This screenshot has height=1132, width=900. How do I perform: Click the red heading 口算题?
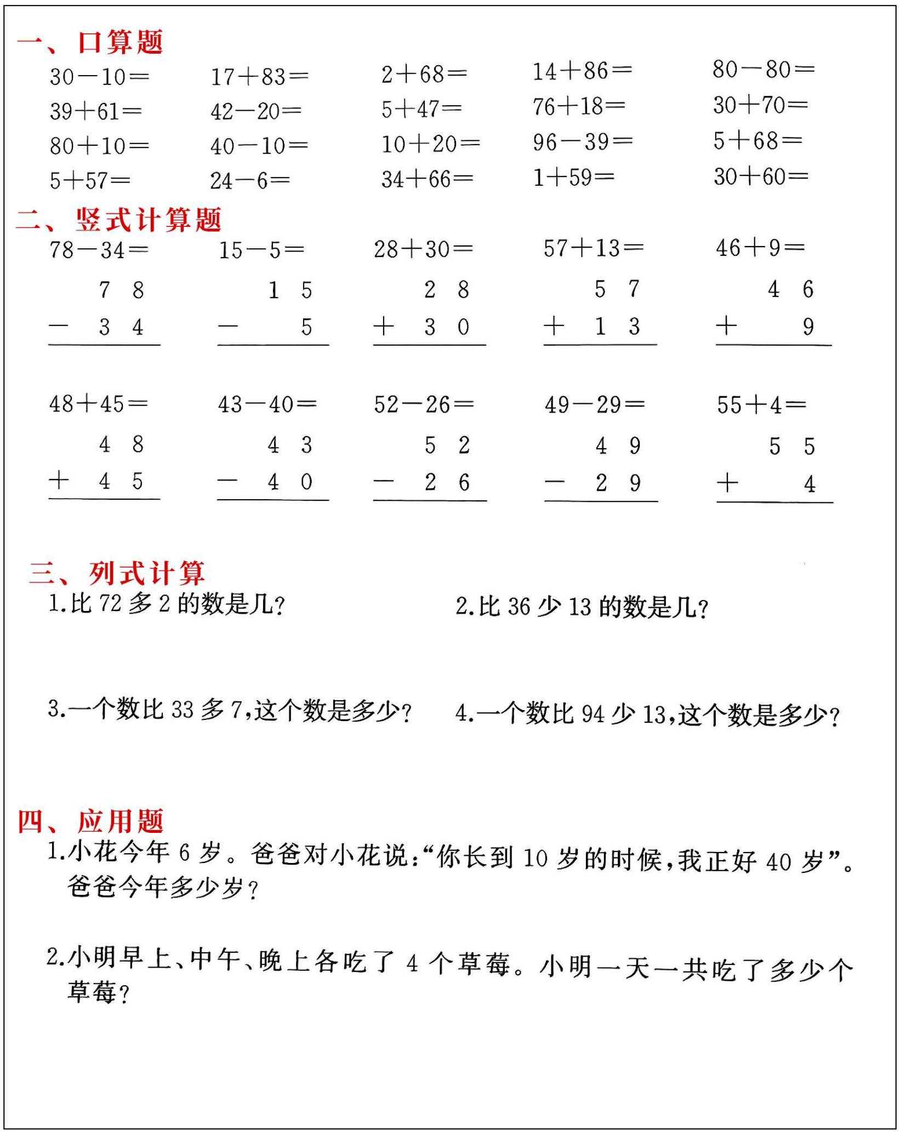tap(120, 42)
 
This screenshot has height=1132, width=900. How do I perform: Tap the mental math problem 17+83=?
tap(259, 77)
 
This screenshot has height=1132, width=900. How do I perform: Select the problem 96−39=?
tap(582, 142)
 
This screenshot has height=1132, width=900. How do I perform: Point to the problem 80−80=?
tap(763, 70)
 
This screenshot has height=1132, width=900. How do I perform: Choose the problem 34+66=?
tap(427, 179)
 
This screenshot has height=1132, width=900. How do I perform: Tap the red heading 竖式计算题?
tap(148, 220)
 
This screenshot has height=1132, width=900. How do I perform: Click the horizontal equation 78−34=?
tap(99, 250)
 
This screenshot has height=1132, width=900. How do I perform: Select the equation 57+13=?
tap(593, 248)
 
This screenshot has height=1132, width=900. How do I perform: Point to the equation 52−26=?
tap(424, 405)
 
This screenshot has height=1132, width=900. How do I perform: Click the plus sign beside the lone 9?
tap(726, 327)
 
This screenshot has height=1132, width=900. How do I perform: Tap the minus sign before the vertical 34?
tap(58, 327)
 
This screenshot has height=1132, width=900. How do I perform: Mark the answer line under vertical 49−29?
tap(601, 501)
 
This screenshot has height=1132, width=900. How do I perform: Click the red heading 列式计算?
tap(146, 573)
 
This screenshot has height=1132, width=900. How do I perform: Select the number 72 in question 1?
tap(110, 604)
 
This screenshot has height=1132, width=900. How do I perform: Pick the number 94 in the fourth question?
tap(593, 714)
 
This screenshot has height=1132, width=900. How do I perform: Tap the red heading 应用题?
tap(120, 821)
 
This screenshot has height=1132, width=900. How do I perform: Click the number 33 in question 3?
tap(183, 710)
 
